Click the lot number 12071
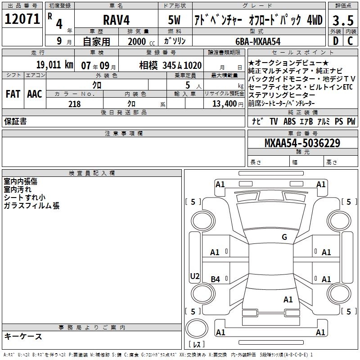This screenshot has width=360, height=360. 22,19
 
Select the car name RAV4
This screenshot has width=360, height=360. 117,20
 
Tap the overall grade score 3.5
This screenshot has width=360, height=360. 343,20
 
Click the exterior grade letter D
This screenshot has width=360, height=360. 336,41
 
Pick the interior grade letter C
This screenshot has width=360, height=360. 350,41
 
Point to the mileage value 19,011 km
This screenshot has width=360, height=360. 54,65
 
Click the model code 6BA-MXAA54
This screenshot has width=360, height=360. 258,41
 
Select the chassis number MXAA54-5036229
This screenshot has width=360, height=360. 302,143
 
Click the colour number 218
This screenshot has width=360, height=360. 75,104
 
